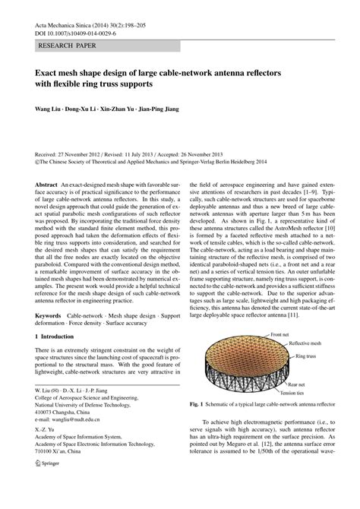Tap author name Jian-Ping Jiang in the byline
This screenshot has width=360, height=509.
pyautogui.click(x=157, y=109)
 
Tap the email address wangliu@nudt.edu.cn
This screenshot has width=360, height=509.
pyautogui.click(x=82, y=418)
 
